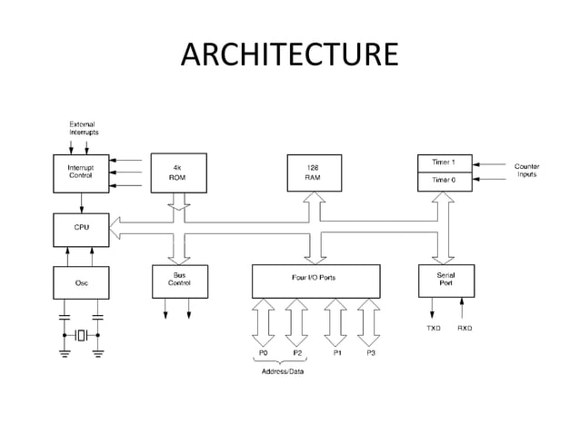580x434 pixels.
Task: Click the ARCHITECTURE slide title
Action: pyautogui.click(x=289, y=54)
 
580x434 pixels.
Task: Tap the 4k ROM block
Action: pyautogui.click(x=177, y=173)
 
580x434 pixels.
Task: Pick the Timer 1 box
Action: pyautogui.click(x=444, y=163)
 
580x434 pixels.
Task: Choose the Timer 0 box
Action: pyautogui.click(x=444, y=181)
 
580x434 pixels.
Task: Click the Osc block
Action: pyautogui.click(x=81, y=282)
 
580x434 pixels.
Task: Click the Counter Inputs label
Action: pyautogui.click(x=527, y=171)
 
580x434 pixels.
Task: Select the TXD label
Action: pyautogui.click(x=435, y=328)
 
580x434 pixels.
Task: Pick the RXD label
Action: pyautogui.click(x=465, y=328)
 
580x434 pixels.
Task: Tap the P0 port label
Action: pyautogui.click(x=263, y=352)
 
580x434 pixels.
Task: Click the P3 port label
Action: pyautogui.click(x=371, y=352)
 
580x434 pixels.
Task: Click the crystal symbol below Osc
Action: pyautogui.click(x=81, y=335)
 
